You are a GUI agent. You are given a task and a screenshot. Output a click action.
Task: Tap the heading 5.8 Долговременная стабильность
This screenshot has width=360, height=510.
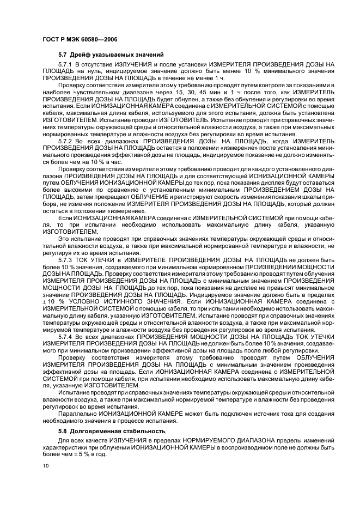pos(104,431)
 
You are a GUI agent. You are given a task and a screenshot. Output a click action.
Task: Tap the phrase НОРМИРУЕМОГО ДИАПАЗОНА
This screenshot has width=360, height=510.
pos(211,440)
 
